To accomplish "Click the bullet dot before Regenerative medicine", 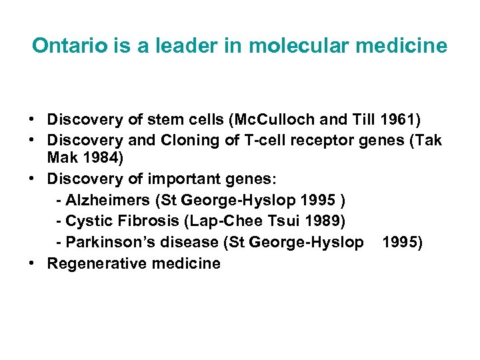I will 32,263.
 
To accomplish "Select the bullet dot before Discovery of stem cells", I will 32,120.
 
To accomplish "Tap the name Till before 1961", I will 364,120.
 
